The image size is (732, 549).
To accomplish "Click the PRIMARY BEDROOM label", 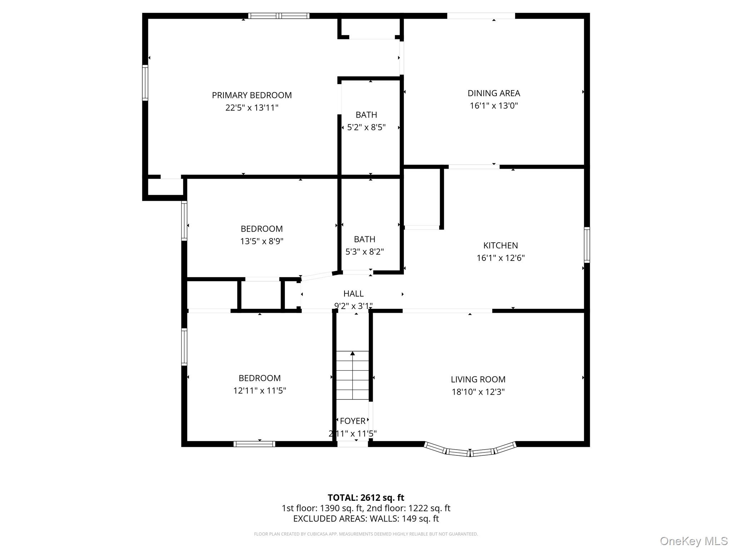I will pos(252,95).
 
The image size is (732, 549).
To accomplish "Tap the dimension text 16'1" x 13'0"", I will pos(494,106).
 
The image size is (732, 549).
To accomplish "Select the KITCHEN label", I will pos(500,246).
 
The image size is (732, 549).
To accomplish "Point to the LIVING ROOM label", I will pos(478,379).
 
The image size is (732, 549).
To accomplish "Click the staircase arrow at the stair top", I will pos(352,353).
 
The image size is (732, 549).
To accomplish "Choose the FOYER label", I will pos(352,421).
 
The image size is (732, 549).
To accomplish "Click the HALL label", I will pos(353,294).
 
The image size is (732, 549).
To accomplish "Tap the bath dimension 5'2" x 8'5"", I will pos(366,128).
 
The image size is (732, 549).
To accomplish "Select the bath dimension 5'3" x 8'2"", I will pos(365,252).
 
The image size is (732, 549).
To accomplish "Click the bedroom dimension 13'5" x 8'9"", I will pos(262,241).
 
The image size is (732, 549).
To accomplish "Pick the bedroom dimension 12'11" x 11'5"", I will pos(259,391).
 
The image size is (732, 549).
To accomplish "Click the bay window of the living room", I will pos(470,451).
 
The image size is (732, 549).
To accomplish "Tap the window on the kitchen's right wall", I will pos(587,245).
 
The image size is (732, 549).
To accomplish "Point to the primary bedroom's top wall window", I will pos(279,16).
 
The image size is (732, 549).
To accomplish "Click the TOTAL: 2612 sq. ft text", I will pos(366,498).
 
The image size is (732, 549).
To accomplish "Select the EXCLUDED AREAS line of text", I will pos(366,519).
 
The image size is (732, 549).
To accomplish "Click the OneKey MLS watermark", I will pos(693,541).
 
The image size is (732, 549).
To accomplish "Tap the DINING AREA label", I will pos(494,93).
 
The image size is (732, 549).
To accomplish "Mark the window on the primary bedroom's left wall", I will pos(145,83).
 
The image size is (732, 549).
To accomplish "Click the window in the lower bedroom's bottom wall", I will pos(254,444).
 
